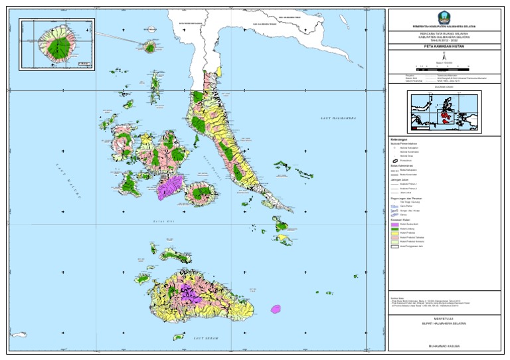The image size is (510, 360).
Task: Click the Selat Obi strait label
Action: point(163,221)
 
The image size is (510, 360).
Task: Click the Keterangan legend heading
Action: point(400,139)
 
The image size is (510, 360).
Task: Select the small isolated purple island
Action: point(276,309)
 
